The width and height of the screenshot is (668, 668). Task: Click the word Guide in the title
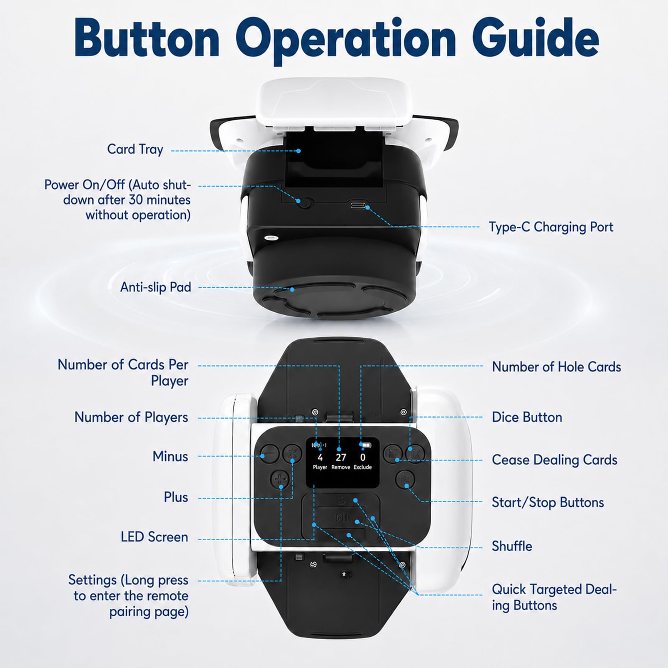pyautogui.click(x=538, y=38)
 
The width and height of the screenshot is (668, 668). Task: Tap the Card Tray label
pyautogui.click(x=135, y=149)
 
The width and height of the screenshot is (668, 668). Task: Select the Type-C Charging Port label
pyautogui.click(x=551, y=227)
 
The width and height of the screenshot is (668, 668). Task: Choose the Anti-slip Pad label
pyautogui.click(x=156, y=287)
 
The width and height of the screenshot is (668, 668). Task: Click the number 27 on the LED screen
pyautogui.click(x=341, y=458)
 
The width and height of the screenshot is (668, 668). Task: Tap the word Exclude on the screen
pyautogui.click(x=362, y=467)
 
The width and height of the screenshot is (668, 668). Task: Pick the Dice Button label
pyautogui.click(x=527, y=417)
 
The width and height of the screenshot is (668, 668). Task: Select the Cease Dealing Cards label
pyautogui.click(x=554, y=460)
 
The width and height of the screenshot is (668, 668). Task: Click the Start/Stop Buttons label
pyautogui.click(x=548, y=502)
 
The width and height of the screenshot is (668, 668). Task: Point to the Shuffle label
pyautogui.click(x=512, y=546)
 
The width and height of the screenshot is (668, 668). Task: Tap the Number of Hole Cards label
pyautogui.click(x=557, y=367)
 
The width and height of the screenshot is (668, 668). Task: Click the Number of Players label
pyautogui.click(x=131, y=417)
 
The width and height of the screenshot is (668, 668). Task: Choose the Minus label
pyautogui.click(x=170, y=456)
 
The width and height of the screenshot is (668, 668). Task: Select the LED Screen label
pyautogui.click(x=154, y=537)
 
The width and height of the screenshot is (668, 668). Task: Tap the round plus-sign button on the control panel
pyautogui.click(x=280, y=479)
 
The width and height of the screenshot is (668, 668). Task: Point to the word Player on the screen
pyautogui.click(x=320, y=467)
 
